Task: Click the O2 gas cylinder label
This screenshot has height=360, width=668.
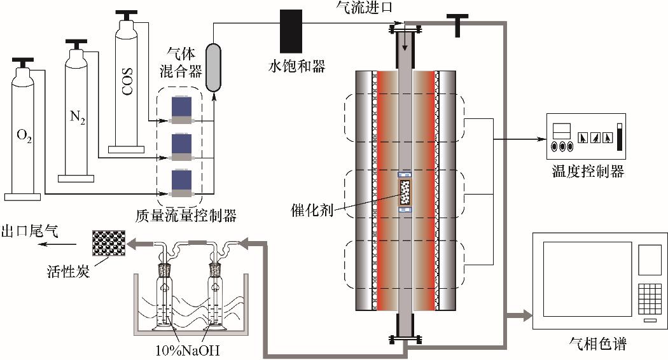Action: click(x=24, y=137)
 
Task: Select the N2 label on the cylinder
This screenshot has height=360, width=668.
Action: click(x=78, y=117)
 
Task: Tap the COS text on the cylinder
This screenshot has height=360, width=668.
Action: click(x=127, y=81)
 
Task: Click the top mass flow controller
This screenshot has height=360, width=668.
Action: click(x=182, y=110)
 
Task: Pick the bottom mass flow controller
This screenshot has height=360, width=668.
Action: click(x=182, y=183)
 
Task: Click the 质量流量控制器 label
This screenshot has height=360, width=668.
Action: click(x=185, y=216)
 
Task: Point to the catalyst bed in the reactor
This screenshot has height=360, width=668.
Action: click(x=405, y=192)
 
